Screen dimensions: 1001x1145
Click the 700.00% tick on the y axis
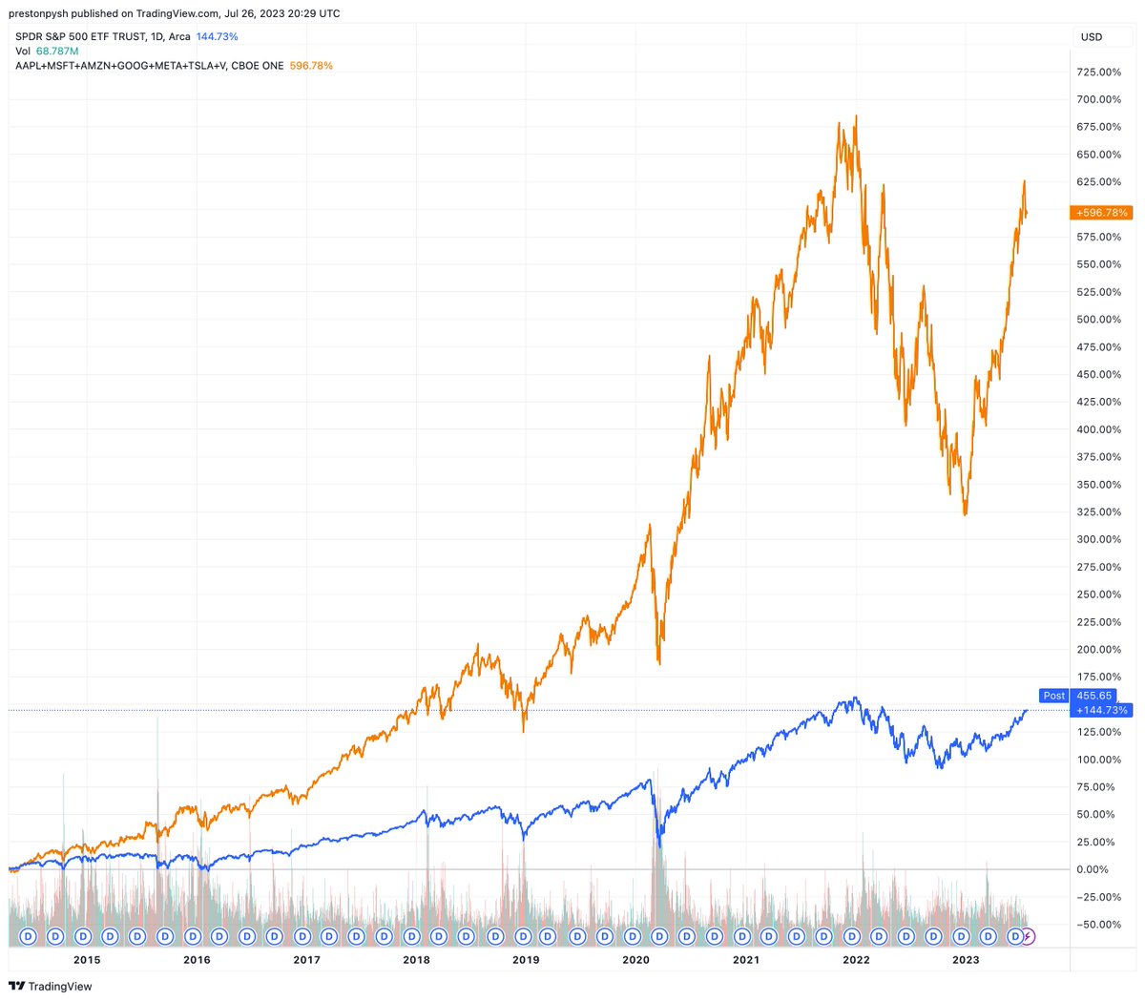pyautogui.click(x=1098, y=99)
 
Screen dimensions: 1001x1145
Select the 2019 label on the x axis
pyautogui.click(x=526, y=960)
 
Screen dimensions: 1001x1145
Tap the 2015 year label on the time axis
pyautogui.click(x=87, y=960)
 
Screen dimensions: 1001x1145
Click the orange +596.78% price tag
pyautogui.click(x=1101, y=213)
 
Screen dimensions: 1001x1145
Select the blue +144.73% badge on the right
pyautogui.click(x=1101, y=710)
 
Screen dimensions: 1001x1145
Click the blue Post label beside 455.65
pyautogui.click(x=1053, y=696)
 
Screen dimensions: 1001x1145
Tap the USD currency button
pyautogui.click(x=1091, y=37)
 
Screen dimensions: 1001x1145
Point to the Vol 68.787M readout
pyautogui.click(x=47, y=52)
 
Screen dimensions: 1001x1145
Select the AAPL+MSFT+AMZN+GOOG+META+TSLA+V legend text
pyautogui.click(x=120, y=66)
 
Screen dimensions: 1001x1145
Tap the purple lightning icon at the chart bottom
pyautogui.click(x=1028, y=936)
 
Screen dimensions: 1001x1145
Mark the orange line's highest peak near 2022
pyautogui.click(x=856, y=116)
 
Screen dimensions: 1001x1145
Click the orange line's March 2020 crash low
pyautogui.click(x=659, y=663)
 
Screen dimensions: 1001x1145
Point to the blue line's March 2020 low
pyautogui.click(x=659, y=846)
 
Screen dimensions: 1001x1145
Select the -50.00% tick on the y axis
pyautogui.click(x=1098, y=925)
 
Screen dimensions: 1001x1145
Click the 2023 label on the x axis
pyautogui.click(x=966, y=960)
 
